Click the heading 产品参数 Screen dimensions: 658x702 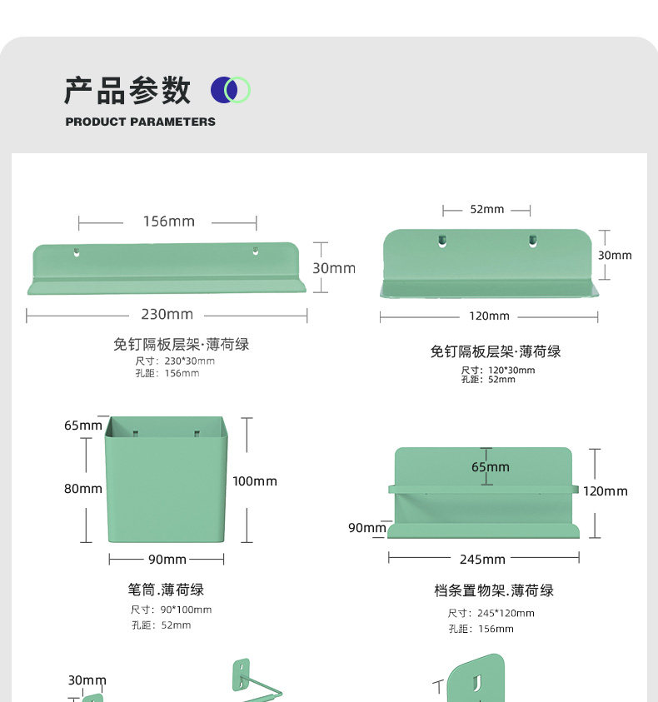point(127,91)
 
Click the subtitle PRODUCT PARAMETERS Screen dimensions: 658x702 point(140,122)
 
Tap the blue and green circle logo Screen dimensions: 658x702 point(231,89)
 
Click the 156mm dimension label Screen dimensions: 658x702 point(168,222)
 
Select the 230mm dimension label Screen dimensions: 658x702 point(167,315)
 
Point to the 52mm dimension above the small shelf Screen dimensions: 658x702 point(486,210)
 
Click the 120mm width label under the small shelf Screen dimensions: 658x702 point(489,316)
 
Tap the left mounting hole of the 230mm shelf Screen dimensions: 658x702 point(77,251)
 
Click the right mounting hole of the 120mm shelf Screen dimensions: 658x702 point(532,241)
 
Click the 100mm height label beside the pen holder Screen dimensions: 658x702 point(255,481)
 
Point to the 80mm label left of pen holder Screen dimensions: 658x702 point(83,489)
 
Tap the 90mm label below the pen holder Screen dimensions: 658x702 point(167,560)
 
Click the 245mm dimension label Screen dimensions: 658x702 point(482,560)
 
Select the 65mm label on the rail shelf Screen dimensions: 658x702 point(490,467)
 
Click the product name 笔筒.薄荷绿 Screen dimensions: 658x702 point(166,590)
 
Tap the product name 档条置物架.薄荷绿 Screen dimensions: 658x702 point(494,590)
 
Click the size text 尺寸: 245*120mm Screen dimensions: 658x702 point(491,613)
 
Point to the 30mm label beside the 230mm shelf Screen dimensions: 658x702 point(333,268)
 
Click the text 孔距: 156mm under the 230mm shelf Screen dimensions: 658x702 point(167,373)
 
